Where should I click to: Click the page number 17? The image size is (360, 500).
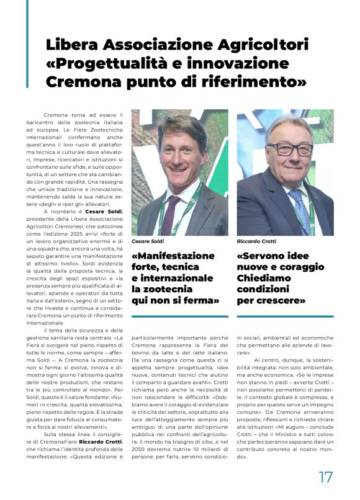325,477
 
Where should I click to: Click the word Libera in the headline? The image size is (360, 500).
73,45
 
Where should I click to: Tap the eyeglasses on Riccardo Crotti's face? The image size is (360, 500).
289,150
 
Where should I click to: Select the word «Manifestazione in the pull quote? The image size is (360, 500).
174,256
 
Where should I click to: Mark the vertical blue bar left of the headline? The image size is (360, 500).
27,43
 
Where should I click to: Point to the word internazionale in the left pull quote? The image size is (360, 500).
172,278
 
